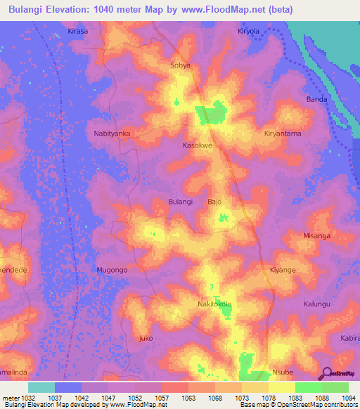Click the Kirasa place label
[77, 32]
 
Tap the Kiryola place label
[249, 32]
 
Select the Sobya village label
[181, 65]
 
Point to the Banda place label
[316, 99]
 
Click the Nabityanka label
[112, 132]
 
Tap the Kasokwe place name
[198, 145]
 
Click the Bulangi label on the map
[181, 202]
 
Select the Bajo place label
[214, 202]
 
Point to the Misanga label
[316, 236]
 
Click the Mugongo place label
[112, 269]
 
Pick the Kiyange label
[283, 270]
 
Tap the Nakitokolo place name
[214, 304]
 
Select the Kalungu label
[316, 304]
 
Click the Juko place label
[146, 338]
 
